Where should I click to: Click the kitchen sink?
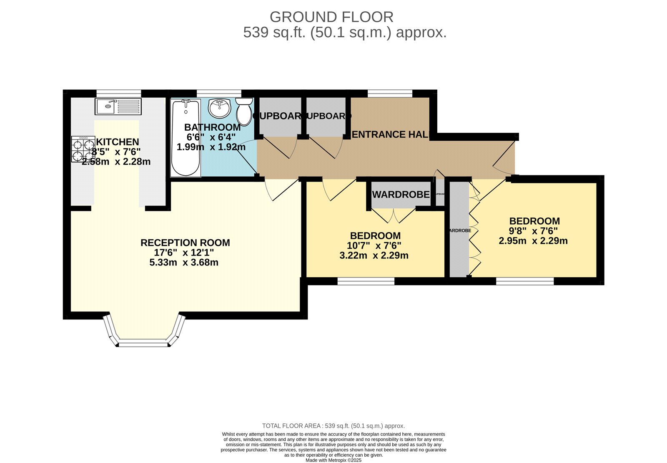pos(118,106)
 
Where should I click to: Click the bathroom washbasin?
pos(219,108)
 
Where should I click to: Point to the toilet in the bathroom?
pos(244,111)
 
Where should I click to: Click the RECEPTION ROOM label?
pos(185,243)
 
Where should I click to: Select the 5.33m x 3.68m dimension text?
pos(184,263)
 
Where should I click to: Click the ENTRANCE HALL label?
pos(390,134)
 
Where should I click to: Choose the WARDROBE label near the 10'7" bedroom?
pos(401,195)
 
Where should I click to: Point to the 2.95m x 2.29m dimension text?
pos(533,241)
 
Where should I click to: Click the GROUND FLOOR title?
pos(331,17)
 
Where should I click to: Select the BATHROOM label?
pos(212,127)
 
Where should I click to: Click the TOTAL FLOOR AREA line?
pos(333,426)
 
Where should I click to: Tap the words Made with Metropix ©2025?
pos(333,460)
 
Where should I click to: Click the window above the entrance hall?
pos(390,94)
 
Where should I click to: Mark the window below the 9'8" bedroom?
pos(525,281)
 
